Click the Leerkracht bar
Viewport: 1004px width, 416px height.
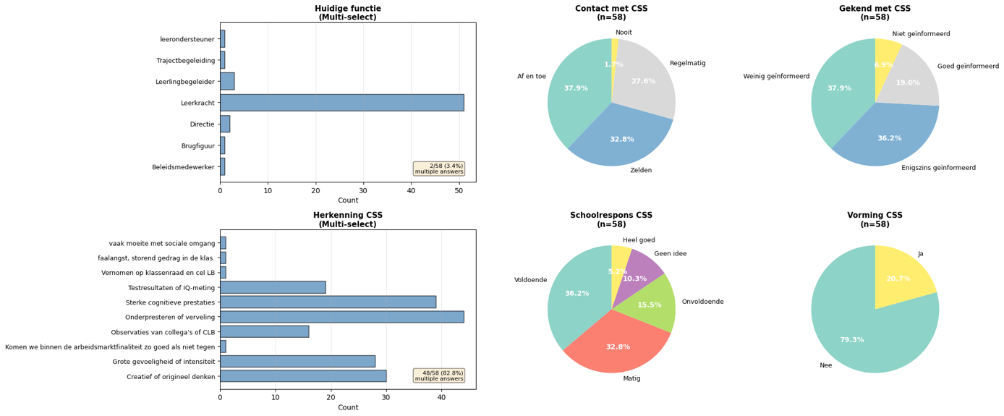coord(342,103)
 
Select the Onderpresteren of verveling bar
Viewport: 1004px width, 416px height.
coord(342,317)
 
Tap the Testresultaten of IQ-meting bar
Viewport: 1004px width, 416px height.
coord(273,287)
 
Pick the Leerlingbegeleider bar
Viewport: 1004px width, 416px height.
coord(227,81)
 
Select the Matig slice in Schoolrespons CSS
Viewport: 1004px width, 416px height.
coord(616,345)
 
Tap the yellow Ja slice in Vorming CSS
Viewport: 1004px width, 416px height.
coord(901,280)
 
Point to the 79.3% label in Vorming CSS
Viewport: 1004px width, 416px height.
coord(852,340)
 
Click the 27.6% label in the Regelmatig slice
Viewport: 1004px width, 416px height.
coord(643,81)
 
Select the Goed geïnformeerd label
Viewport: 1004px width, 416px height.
coord(968,66)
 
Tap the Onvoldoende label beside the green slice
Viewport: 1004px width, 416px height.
coord(703,302)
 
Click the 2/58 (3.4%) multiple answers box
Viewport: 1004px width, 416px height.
coord(439,169)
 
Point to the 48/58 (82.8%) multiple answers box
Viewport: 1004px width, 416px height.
coord(439,375)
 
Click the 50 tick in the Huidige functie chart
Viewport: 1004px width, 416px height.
coord(459,190)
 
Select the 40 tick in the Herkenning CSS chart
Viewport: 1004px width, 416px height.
coord(441,398)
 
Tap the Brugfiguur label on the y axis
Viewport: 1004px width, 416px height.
coord(197,145)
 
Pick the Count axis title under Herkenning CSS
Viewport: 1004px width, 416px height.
coord(348,407)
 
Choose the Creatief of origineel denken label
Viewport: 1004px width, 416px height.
coord(171,376)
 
